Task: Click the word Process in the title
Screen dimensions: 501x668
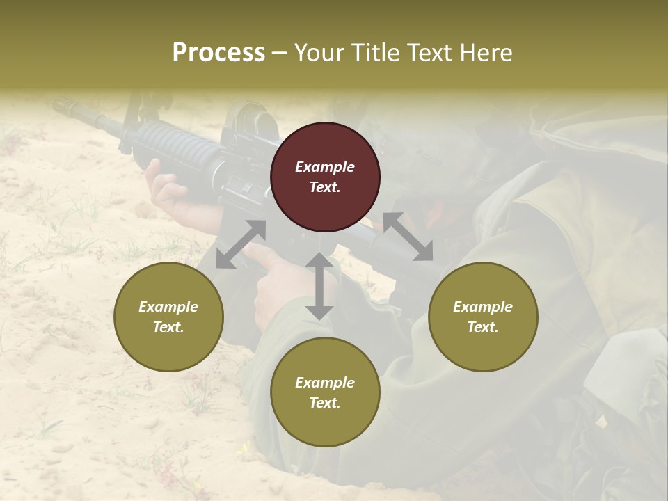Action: pos(218,53)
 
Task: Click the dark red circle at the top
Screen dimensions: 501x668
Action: pos(325,177)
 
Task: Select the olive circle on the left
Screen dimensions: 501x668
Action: pos(168,317)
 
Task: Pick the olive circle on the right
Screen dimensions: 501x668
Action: pos(483,317)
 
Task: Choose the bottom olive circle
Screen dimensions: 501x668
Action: pos(325,392)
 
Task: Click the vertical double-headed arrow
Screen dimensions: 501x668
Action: pos(319,286)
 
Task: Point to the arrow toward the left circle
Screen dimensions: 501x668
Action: pos(241,244)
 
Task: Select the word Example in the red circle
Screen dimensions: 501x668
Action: pos(325,167)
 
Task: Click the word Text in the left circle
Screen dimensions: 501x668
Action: pos(168,327)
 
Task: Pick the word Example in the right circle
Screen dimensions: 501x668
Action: pos(483,307)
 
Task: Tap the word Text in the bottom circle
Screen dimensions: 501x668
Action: pos(325,403)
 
